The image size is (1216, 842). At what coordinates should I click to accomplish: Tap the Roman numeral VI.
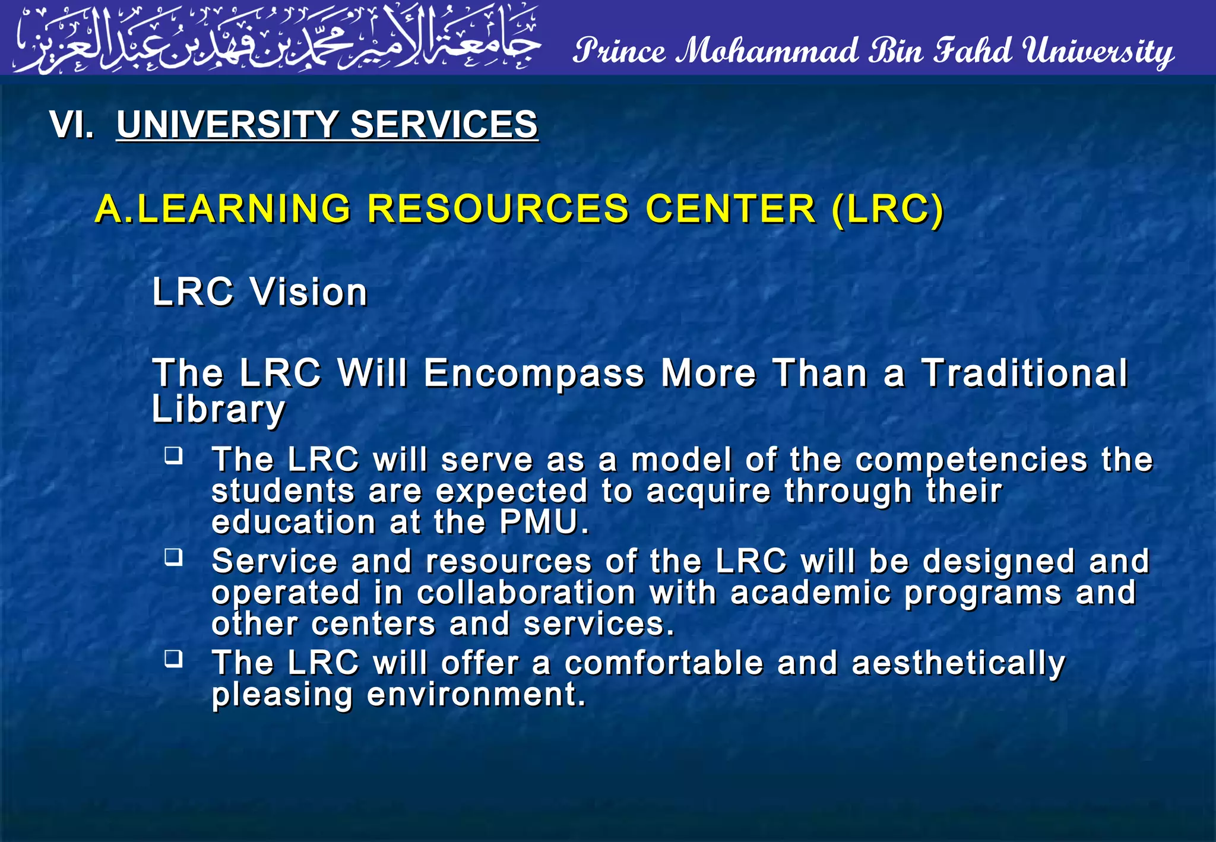71,125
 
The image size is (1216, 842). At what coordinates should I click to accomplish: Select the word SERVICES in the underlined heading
444,125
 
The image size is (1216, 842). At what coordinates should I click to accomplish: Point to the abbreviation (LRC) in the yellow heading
887,209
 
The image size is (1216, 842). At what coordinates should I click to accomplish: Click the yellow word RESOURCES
498,209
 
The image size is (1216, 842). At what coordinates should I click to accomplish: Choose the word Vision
309,292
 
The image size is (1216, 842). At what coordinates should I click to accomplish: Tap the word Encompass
534,373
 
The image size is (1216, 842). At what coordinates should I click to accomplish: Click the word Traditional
1024,373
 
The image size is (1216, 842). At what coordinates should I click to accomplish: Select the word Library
218,410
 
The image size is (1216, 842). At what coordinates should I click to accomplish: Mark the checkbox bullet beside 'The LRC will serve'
173,456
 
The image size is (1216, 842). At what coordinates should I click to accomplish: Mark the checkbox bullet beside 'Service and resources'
173,558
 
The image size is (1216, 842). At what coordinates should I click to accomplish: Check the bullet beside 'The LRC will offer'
173,659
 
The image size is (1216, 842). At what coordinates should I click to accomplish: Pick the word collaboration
526,593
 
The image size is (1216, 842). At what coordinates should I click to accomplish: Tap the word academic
810,593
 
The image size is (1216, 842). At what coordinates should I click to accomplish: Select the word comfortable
663,663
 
